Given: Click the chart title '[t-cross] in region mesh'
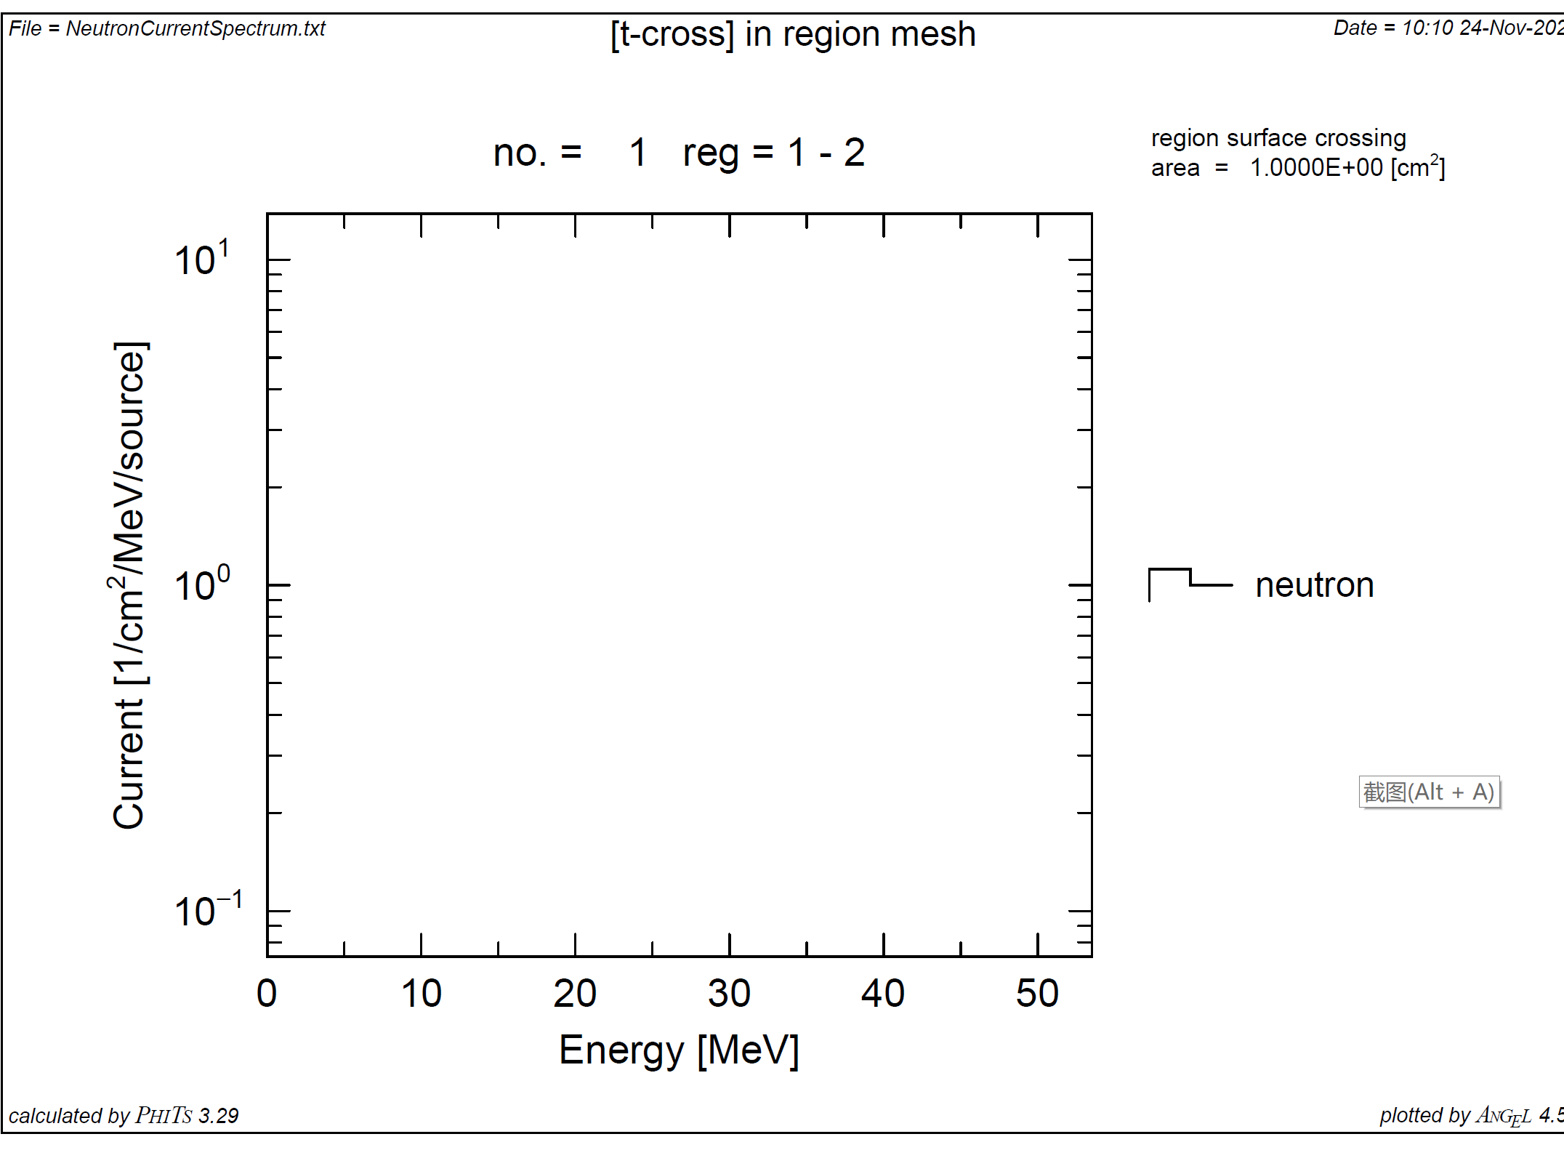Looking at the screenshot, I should pyautogui.click(x=793, y=34).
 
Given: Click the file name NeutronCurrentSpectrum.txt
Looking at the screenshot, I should pyautogui.click(x=195, y=28).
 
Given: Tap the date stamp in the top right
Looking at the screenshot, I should pyautogui.click(x=1446, y=28).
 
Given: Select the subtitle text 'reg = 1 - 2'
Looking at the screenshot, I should pyautogui.click(x=773, y=153).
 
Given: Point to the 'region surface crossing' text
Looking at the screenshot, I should pyautogui.click(x=1278, y=137).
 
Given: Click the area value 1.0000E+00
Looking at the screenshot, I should pyautogui.click(x=1315, y=168).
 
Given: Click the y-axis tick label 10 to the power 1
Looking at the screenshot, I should pyautogui.click(x=202, y=259).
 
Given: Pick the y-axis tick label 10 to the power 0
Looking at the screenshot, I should pyautogui.click(x=202, y=584).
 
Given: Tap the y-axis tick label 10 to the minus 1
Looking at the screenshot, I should pyautogui.click(x=208, y=910).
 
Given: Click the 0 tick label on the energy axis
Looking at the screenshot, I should pyautogui.click(x=267, y=993).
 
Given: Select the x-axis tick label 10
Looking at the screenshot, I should pyautogui.click(x=421, y=993).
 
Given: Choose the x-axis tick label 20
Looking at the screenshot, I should pyautogui.click(x=575, y=993).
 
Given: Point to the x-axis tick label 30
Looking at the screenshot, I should pyautogui.click(x=729, y=993).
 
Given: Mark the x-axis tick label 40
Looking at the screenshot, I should pyautogui.click(x=883, y=993).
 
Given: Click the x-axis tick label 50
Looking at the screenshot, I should pyautogui.click(x=1037, y=993).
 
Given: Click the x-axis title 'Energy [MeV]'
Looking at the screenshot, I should pyautogui.click(x=679, y=1050).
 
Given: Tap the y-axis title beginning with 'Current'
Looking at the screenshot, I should pyautogui.click(x=129, y=584).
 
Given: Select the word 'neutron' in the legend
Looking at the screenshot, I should pyautogui.click(x=1314, y=585).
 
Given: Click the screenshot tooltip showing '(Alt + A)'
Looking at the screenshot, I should pyautogui.click(x=1429, y=792).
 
